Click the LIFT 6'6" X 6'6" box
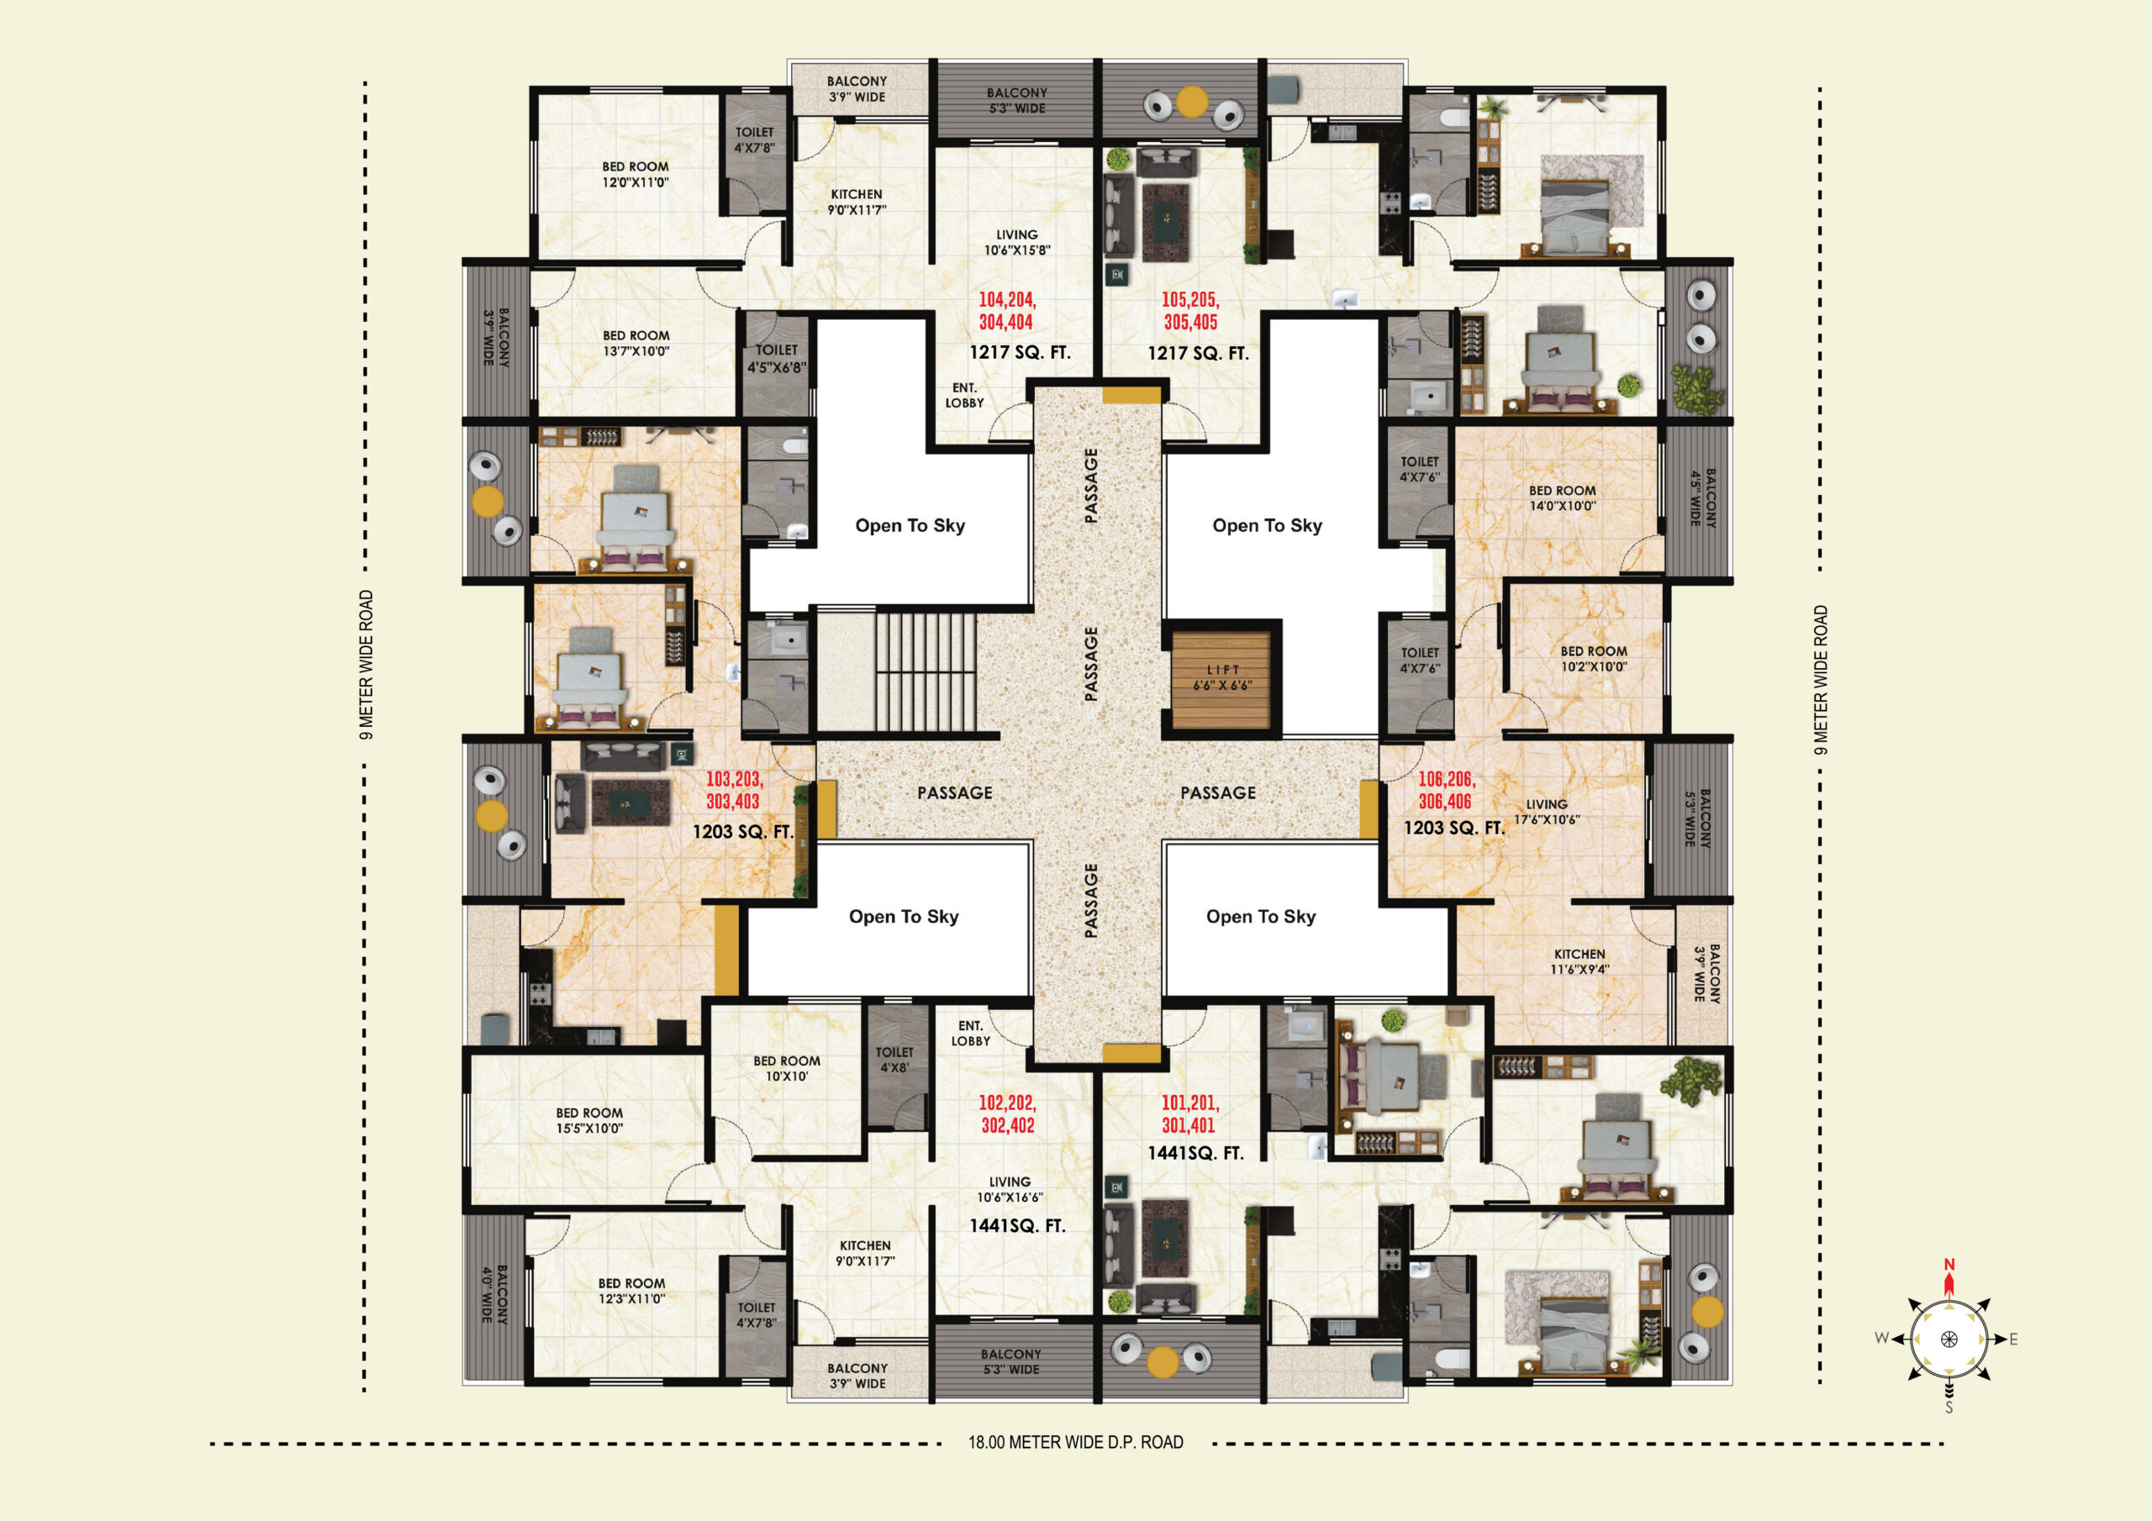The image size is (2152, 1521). point(1222,678)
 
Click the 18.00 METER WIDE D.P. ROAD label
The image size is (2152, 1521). point(1076,1442)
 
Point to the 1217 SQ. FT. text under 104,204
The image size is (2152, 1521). point(1020,352)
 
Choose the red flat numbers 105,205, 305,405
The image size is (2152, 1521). point(1190,311)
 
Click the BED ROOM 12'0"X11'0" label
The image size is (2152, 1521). point(636,174)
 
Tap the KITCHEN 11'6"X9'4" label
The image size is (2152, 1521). point(1580,961)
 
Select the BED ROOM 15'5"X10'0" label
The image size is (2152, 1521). point(589,1121)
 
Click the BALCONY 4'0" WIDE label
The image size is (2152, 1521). point(494,1293)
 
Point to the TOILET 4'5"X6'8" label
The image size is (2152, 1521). point(776,359)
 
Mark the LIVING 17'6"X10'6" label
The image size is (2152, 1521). point(1547,812)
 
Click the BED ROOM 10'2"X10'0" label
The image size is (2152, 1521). point(1593,659)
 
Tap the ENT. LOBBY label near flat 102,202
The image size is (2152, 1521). point(970,1034)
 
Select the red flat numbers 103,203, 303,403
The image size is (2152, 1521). point(734,790)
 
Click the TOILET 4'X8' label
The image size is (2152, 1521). point(894,1060)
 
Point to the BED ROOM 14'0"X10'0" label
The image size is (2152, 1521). point(1563,497)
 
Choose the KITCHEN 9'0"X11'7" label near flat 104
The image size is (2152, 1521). point(857,202)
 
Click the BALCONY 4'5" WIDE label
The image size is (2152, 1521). point(1702,497)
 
